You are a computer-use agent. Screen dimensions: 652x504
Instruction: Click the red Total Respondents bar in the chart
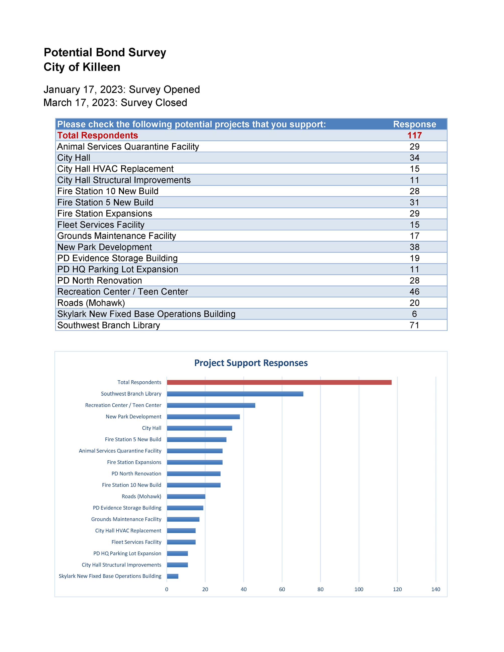279,382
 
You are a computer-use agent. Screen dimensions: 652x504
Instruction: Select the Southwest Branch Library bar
235,394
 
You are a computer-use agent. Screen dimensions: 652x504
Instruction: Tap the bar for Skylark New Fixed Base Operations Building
173,576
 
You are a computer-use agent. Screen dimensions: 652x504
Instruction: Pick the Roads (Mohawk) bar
186,497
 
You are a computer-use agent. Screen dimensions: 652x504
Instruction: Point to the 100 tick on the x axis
359,589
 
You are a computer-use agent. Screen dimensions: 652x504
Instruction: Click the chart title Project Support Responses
251,363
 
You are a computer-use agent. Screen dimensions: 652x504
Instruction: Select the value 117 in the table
414,135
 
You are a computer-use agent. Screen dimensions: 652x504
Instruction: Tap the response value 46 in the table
414,292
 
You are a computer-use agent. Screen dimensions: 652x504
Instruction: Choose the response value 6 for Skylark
414,314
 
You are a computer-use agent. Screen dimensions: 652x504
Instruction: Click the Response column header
414,124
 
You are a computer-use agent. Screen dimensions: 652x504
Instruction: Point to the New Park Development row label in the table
105,247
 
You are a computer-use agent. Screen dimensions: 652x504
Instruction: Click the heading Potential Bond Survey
105,53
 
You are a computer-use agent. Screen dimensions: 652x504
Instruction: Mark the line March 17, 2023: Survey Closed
115,103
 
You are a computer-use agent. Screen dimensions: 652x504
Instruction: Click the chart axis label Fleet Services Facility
136,542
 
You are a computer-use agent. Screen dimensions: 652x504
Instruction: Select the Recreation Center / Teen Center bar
211,405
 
